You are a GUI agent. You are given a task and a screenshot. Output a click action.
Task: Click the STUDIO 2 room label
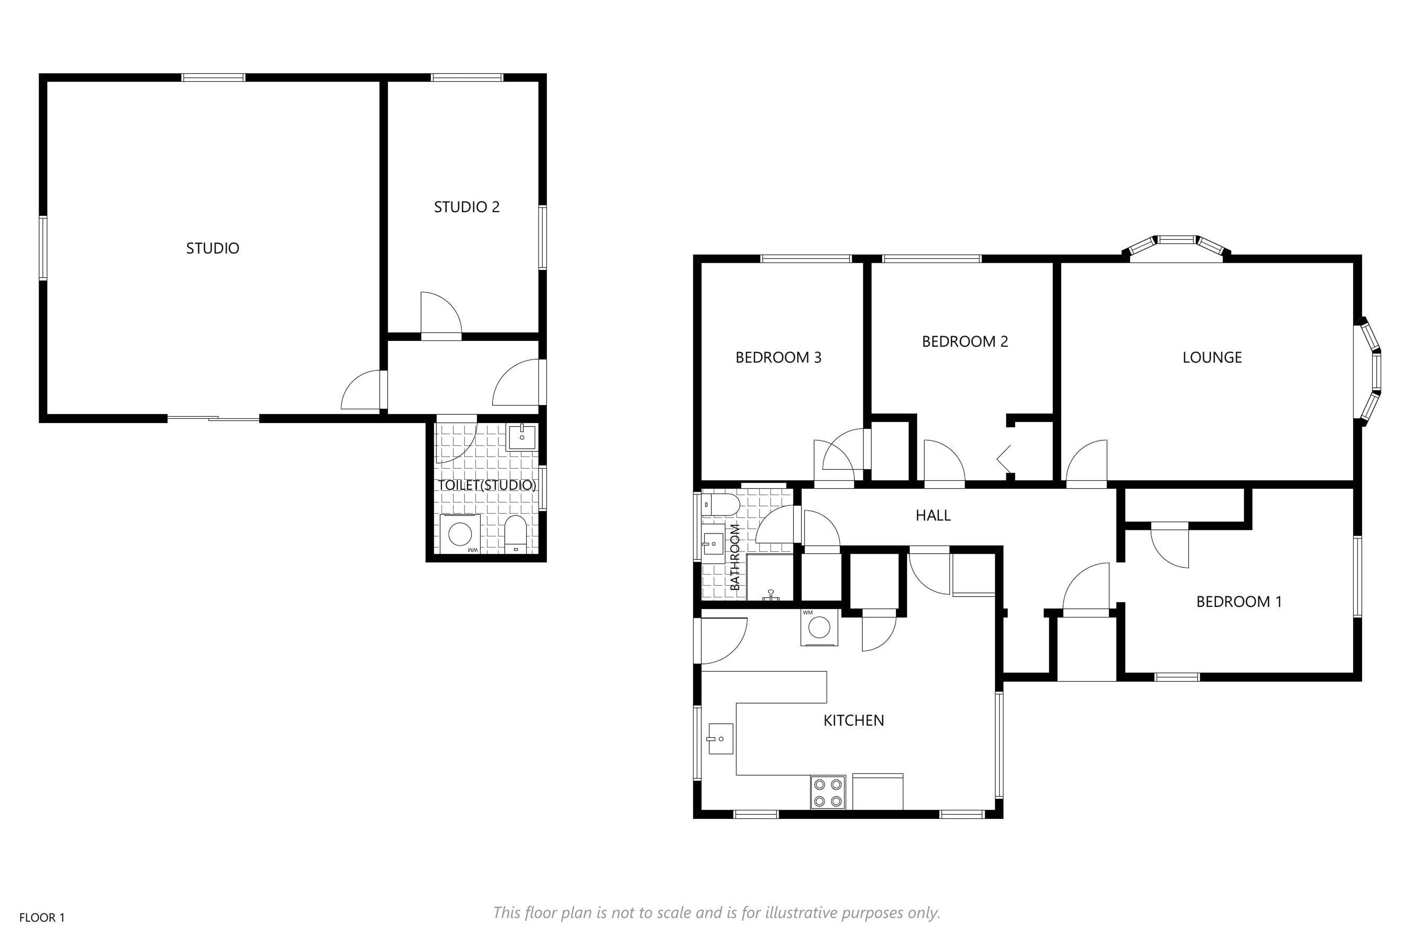tap(466, 207)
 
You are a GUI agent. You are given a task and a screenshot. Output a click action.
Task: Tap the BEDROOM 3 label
tap(778, 358)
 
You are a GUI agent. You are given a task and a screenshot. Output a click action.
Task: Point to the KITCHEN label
tap(854, 720)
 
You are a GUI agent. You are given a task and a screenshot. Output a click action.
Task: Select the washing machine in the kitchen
tap(819, 627)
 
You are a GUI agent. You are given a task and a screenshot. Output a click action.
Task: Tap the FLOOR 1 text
tap(42, 917)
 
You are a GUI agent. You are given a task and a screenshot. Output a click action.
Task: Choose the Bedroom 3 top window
tap(806, 259)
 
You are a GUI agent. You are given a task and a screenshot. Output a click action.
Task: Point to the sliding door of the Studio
tap(213, 418)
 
